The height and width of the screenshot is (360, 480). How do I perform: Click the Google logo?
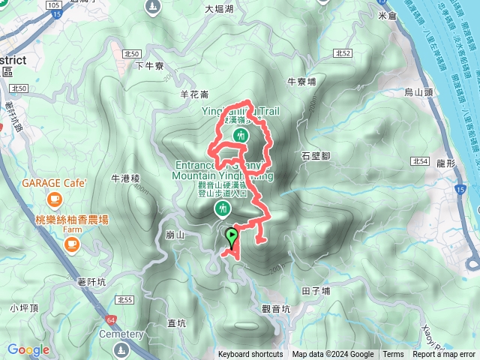click(28, 350)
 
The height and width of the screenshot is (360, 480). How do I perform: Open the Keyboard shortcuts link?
click(250, 355)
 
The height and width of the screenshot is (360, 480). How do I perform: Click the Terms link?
click(393, 355)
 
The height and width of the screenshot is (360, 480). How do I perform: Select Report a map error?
click(444, 355)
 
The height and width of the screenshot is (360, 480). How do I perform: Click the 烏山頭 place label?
click(419, 92)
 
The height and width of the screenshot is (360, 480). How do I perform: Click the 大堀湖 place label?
click(219, 10)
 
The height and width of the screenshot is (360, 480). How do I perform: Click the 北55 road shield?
click(124, 300)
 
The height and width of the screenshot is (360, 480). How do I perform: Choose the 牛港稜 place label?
click(125, 178)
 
